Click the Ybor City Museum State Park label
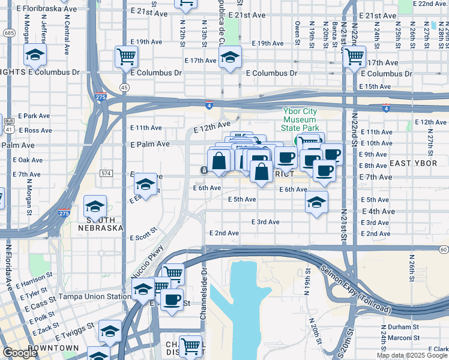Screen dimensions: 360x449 [309, 119]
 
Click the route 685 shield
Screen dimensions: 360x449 [8, 32]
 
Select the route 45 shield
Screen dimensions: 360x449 [124, 88]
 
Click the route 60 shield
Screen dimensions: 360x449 [444, 249]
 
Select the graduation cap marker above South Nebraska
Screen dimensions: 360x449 [95, 206]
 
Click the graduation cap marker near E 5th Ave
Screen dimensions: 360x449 [316, 202]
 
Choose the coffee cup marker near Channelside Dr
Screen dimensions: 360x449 [172, 299]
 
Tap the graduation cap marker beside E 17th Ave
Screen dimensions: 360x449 [229, 58]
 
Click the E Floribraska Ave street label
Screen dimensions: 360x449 [47, 10]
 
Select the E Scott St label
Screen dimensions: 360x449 [143, 230]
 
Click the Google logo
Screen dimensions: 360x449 [20, 353]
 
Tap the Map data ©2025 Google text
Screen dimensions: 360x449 [412, 355]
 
